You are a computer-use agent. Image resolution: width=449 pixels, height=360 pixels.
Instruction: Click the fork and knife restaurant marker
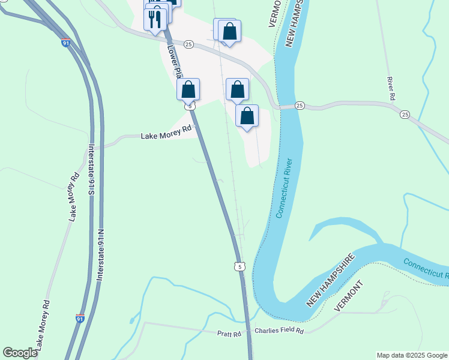pos(155,19)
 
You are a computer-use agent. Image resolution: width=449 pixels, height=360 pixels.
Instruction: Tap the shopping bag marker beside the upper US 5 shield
pos(188,90)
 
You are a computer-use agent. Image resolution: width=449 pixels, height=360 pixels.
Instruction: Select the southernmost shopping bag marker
pos(247,116)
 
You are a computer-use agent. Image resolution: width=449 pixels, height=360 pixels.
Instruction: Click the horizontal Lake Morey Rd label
pos(166,136)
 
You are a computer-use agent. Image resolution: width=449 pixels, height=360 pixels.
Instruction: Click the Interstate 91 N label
pos(100,258)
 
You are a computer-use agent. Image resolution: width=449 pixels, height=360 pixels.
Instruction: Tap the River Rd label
pos(391,88)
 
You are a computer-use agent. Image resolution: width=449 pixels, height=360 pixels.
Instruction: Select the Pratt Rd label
pos(229,334)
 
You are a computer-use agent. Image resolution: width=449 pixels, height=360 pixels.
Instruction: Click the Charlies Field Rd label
pos(279,331)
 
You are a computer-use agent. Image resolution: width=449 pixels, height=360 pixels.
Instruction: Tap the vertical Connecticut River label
pos(285,188)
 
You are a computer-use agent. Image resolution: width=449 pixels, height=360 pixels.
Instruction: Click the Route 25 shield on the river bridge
pos(300,106)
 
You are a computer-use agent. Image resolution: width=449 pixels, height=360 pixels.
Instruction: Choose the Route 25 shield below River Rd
pos(405,114)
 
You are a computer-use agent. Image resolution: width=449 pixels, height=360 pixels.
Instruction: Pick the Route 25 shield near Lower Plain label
pos(188,44)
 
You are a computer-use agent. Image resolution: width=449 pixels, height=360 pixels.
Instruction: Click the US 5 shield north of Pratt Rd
pos(240,266)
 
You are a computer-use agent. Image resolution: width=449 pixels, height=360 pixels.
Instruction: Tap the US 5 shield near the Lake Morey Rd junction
pos(190,106)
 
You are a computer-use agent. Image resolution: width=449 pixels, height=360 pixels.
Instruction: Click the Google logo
pos(20,353)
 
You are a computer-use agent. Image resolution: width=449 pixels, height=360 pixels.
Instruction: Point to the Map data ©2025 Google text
pos(411,355)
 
